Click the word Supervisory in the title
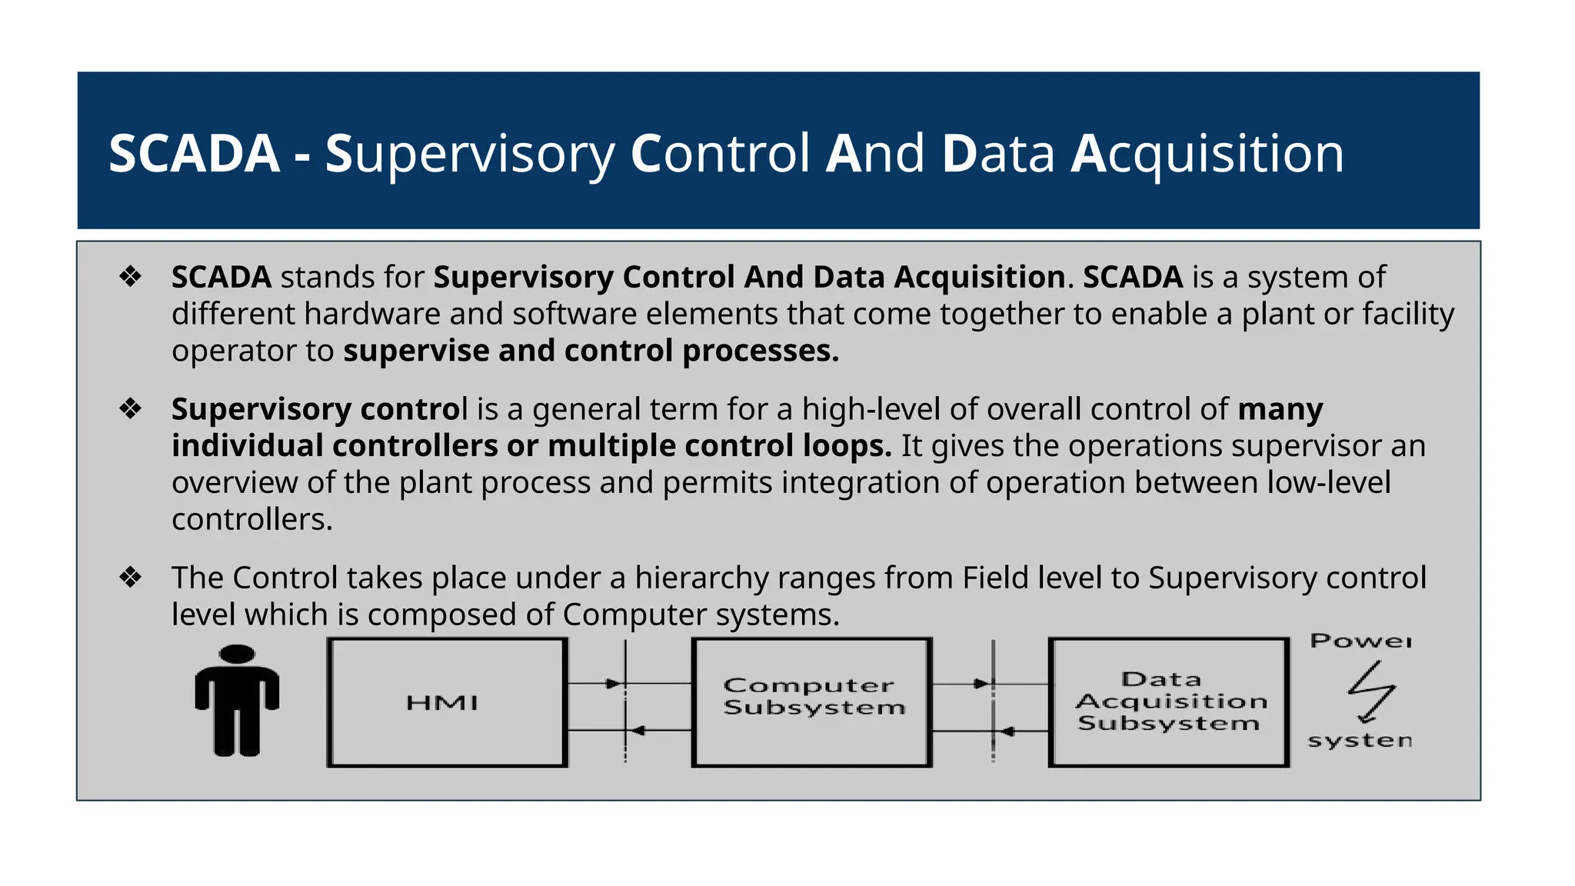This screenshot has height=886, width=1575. coord(469,154)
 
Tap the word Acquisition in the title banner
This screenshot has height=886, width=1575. coord(1207,154)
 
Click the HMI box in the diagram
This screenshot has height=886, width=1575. coord(447,702)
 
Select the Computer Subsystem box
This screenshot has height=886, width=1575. coord(812,702)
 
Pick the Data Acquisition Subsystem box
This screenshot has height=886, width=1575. coord(1169,702)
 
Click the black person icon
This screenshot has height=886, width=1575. coord(237,700)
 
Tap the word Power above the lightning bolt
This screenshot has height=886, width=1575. coord(1360,641)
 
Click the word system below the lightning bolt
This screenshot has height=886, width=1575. coord(1360,741)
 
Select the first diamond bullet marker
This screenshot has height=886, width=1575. coord(131,277)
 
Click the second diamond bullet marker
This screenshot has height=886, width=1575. coord(131,408)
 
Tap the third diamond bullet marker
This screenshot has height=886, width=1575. coord(131,577)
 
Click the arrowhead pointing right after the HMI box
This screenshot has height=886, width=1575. coord(614,683)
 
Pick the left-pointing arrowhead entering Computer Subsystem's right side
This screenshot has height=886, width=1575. coord(1006,731)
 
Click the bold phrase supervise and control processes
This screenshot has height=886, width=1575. coord(591,351)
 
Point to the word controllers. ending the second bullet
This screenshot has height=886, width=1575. coord(251,520)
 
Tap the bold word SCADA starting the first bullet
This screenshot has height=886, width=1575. coord(221,277)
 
